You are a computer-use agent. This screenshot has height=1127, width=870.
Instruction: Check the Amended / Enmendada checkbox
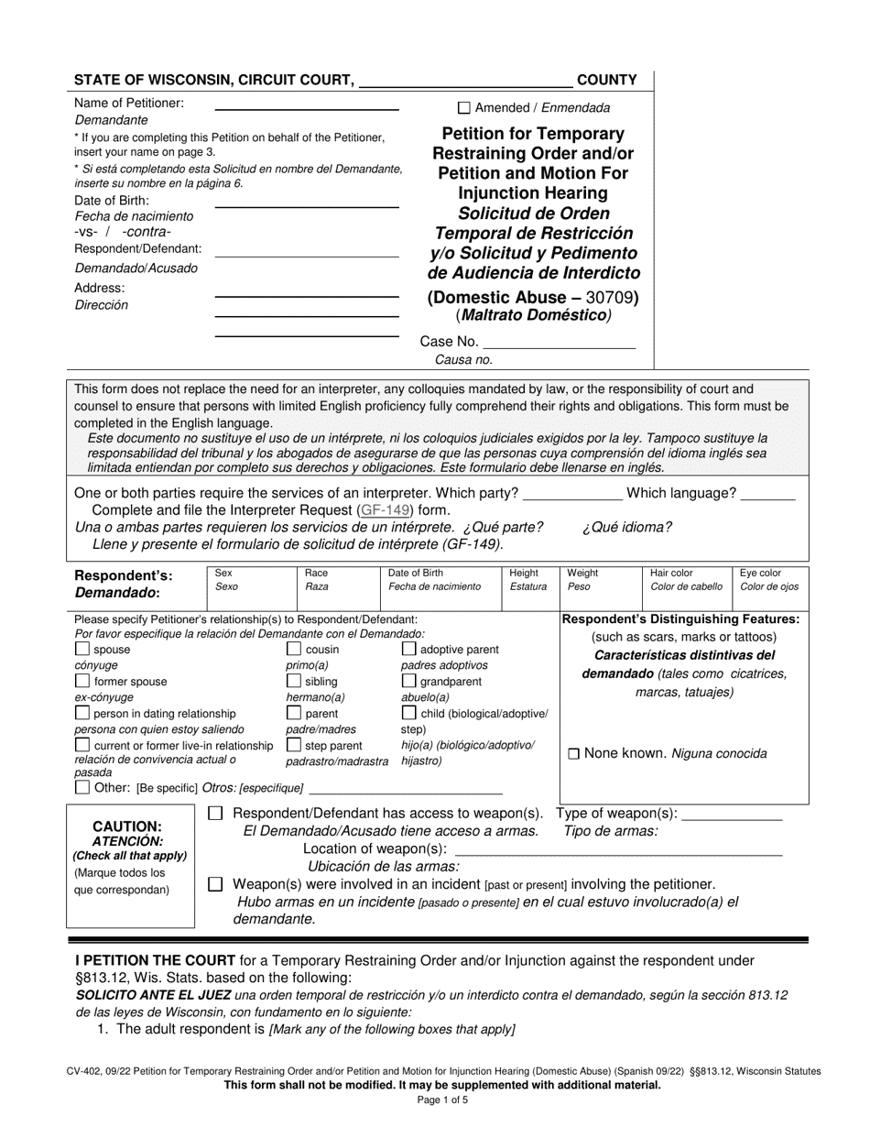point(463,107)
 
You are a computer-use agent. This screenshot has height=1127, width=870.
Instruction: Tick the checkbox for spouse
point(82,650)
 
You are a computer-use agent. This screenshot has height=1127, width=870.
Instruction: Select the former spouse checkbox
point(82,682)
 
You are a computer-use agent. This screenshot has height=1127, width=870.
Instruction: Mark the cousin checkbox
point(294,650)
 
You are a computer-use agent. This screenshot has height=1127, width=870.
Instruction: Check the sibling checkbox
point(294,682)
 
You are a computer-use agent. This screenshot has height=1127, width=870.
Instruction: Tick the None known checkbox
point(573,754)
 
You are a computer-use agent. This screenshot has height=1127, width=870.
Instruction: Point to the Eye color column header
point(760,573)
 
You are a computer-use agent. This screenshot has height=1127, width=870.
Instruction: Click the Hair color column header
point(671,573)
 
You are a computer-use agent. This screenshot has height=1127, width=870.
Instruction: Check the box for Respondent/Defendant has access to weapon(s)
point(215,814)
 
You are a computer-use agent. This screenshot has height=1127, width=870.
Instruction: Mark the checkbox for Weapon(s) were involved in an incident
point(215,884)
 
